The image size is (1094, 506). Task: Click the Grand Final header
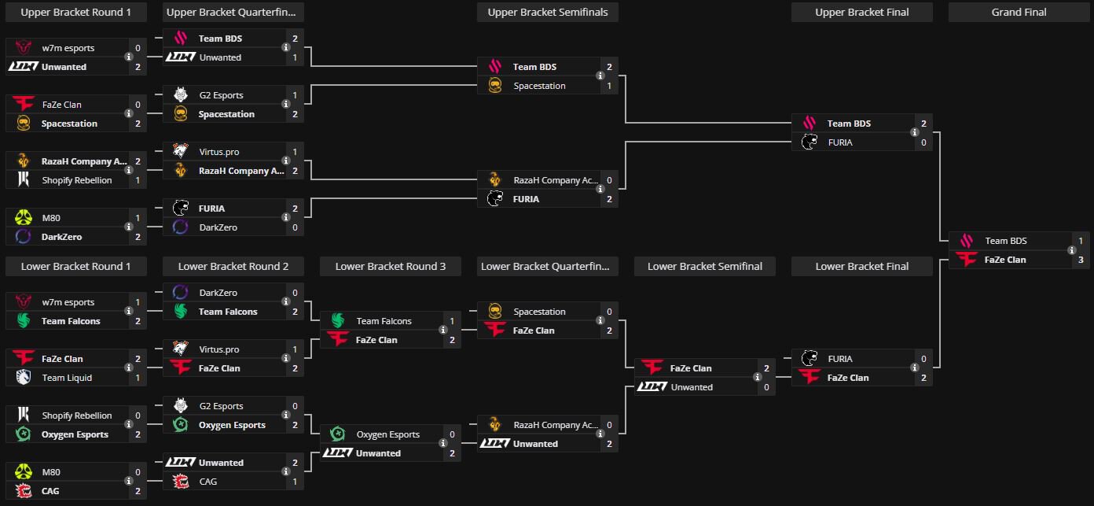[1019, 12]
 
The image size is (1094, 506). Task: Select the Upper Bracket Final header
[861, 12]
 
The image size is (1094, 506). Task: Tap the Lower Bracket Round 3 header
[390, 266]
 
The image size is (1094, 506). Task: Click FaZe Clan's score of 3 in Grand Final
[1081, 260]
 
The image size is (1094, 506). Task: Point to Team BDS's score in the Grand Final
[1081, 241]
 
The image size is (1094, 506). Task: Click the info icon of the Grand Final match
[1072, 250]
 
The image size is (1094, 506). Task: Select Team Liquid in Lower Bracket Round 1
[67, 378]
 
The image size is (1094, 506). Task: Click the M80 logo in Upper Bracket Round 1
[23, 218]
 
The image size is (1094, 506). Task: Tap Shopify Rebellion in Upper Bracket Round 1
[76, 180]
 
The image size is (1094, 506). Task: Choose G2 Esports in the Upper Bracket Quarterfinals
[221, 95]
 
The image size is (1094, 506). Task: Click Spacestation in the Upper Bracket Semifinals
[539, 86]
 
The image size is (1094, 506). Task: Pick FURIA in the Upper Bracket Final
[840, 142]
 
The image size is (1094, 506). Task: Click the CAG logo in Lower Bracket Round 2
[180, 482]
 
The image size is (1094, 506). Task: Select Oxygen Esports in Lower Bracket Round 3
[387, 434]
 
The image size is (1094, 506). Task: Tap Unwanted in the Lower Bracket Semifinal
[692, 387]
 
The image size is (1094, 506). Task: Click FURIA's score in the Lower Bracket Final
[923, 359]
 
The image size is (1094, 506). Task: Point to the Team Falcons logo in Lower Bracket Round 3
[337, 321]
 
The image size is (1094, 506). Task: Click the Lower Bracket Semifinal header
[704, 266]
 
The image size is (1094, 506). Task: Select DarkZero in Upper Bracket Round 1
[61, 237]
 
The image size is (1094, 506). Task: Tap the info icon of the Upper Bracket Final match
[915, 133]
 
